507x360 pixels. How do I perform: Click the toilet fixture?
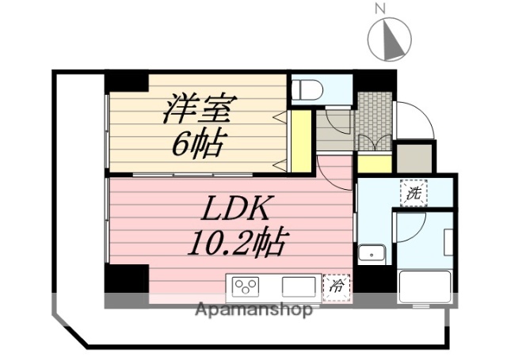pos(305,89)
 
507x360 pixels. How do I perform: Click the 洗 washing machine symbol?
pos(414,192)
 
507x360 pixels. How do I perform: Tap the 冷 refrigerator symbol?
pos(336,285)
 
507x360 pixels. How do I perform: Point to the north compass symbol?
pos(390,37)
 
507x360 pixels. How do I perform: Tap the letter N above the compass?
pos(379,9)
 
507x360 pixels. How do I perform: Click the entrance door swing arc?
pos(416,121)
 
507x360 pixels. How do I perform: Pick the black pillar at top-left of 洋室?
pos(127,81)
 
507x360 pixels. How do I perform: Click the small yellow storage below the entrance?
pos(374,164)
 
